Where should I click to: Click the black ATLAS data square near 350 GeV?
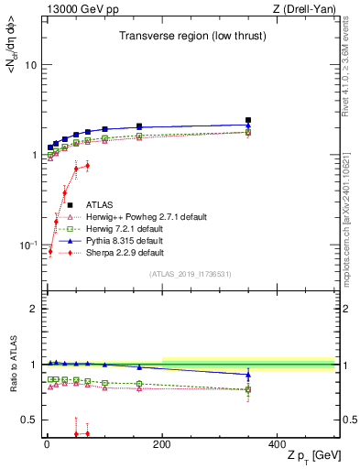pyautogui.click(x=248, y=120)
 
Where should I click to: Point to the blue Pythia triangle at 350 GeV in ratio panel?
pyautogui.click(x=248, y=375)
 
